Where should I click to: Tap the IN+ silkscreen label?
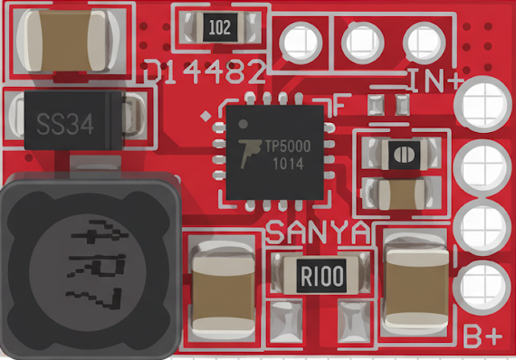click(434, 80)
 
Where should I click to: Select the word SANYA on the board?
click(318, 232)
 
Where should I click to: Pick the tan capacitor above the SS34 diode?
click(61, 42)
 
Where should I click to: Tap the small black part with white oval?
click(399, 156)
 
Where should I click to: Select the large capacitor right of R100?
click(416, 282)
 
